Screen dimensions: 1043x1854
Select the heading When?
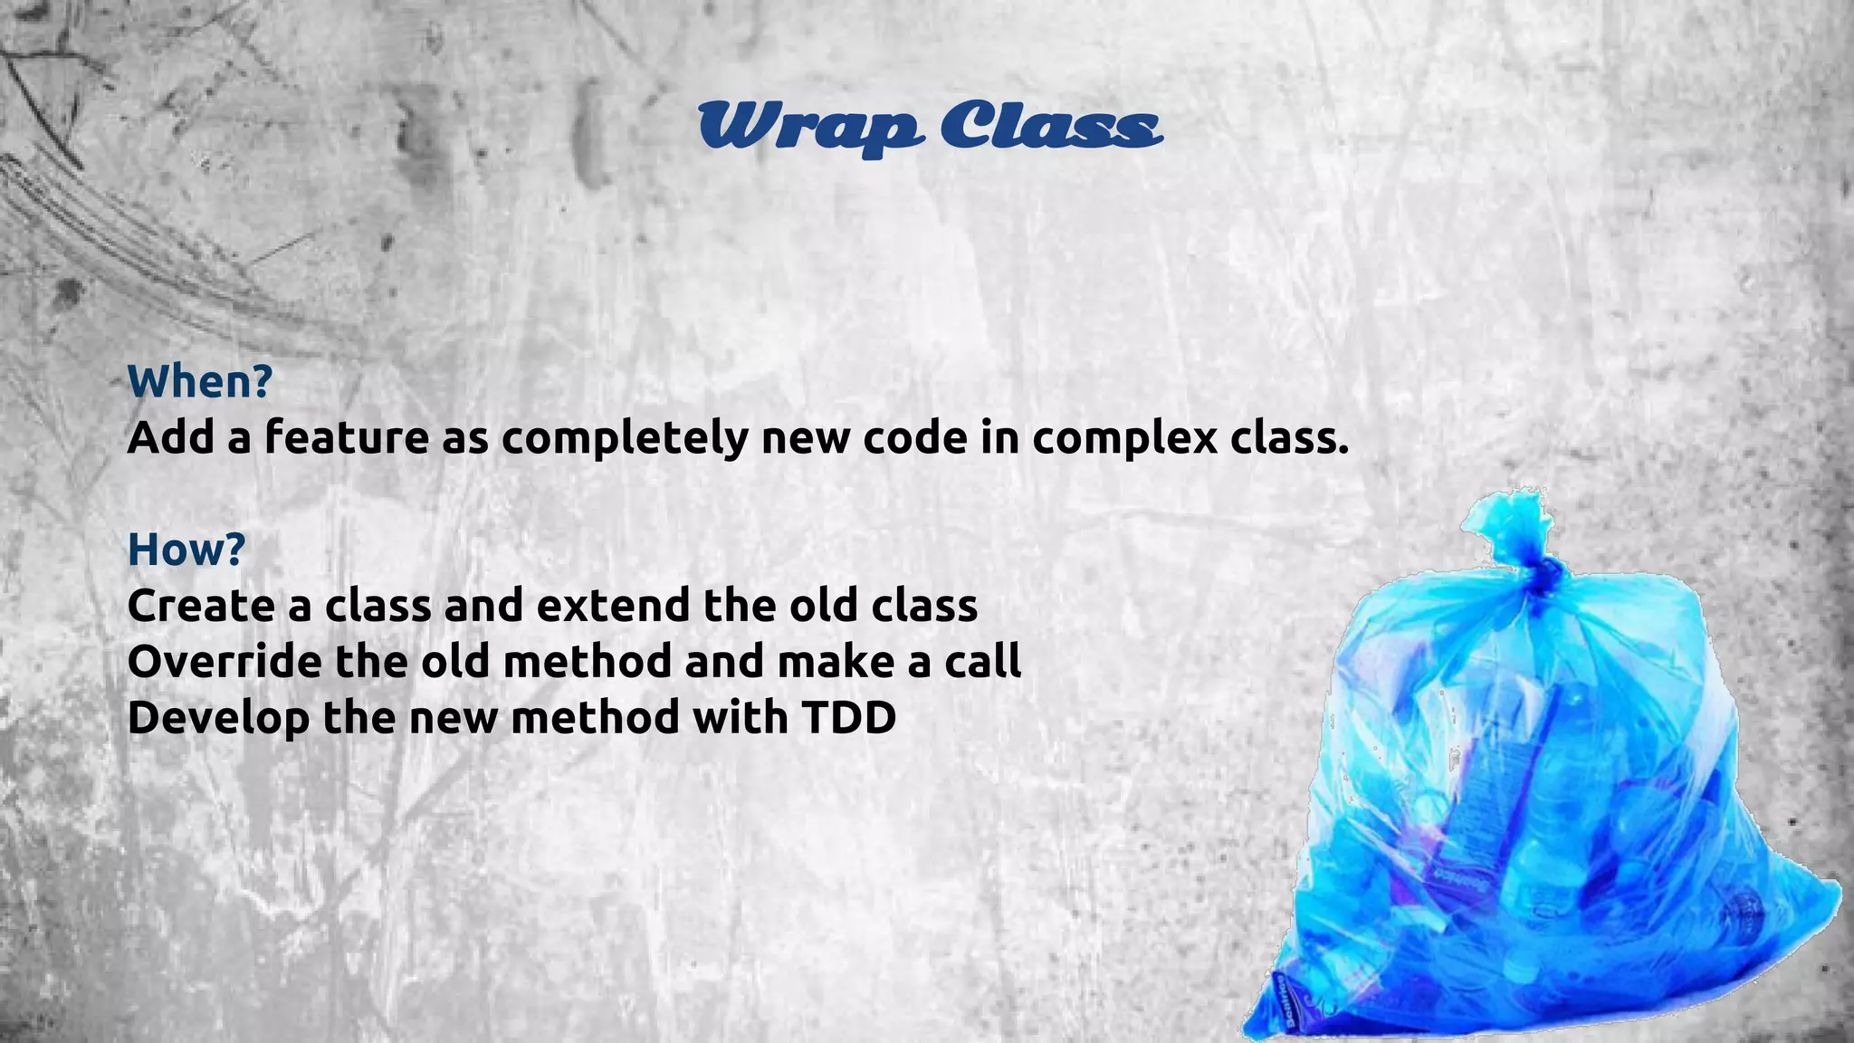(200, 381)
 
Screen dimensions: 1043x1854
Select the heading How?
(186, 549)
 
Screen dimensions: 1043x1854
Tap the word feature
(347, 437)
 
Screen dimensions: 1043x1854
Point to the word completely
(626, 439)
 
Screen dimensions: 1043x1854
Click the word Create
(201, 605)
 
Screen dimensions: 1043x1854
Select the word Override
(225, 661)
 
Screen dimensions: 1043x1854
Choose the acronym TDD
(848, 717)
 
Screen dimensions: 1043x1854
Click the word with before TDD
(741, 717)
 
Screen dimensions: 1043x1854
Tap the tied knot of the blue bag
(1538, 573)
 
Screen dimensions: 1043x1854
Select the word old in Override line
(455, 661)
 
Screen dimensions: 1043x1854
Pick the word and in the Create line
(484, 605)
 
